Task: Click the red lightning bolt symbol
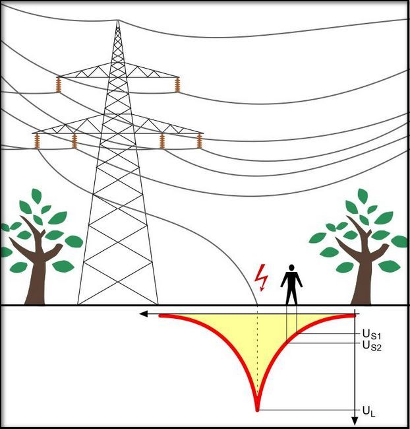point(263,278)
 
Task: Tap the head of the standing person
point(291,268)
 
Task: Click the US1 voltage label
point(372,335)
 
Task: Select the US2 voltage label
point(372,345)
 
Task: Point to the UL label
point(368,412)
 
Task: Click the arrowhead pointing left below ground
point(144,315)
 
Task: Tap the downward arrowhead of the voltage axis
point(355,420)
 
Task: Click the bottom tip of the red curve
point(257,408)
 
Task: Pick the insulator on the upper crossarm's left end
point(59,84)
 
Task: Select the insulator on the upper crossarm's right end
point(177,84)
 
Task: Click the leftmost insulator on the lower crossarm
point(38,140)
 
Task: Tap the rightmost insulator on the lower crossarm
point(199,140)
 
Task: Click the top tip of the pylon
point(118,22)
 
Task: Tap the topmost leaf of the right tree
point(362,196)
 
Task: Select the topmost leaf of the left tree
point(36,196)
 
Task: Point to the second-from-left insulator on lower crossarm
point(74,140)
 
